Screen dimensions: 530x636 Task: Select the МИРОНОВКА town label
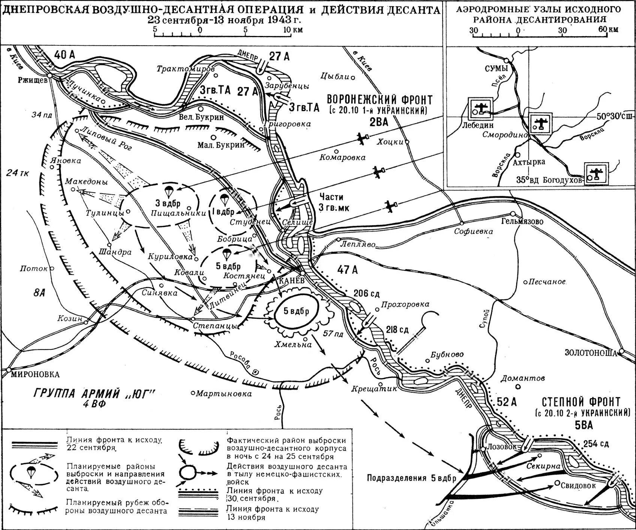(36, 375)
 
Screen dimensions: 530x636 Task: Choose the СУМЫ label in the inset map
(497, 69)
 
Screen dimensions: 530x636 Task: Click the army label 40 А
(64, 55)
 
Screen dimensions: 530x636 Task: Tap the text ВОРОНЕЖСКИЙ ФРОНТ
(380, 100)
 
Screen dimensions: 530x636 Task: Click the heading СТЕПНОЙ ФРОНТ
(581, 402)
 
